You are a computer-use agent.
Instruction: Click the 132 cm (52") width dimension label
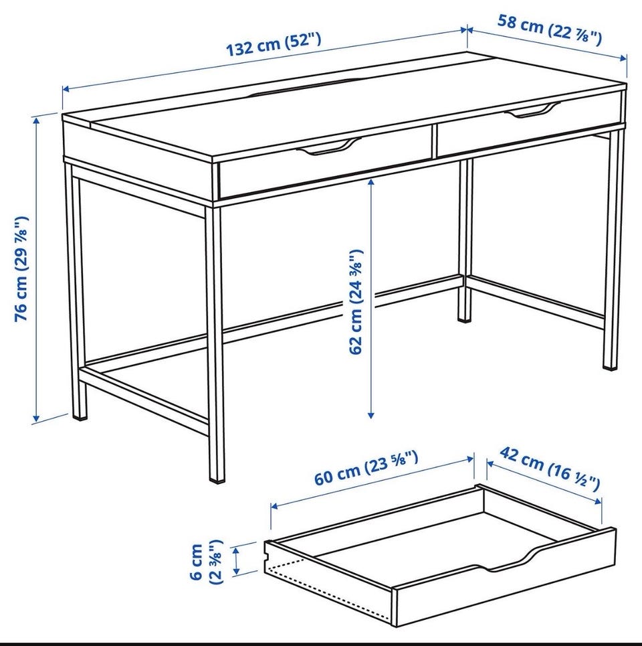click(274, 44)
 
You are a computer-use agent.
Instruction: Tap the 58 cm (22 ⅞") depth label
click(550, 29)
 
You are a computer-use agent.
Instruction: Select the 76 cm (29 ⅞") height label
click(21, 268)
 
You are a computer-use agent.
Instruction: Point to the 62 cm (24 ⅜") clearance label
click(356, 301)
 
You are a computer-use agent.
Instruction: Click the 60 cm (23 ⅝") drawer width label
click(366, 468)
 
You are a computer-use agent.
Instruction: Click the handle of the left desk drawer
click(328, 146)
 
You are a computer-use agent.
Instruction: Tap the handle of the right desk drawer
click(532, 110)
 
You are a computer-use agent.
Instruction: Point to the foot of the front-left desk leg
click(80, 416)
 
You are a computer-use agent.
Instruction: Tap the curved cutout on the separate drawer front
click(510, 562)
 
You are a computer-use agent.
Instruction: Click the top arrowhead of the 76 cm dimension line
click(36, 120)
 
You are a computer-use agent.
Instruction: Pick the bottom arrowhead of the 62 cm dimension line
click(370, 415)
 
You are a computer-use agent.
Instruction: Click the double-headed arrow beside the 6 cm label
click(236, 561)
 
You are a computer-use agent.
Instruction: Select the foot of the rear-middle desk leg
click(464, 319)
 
